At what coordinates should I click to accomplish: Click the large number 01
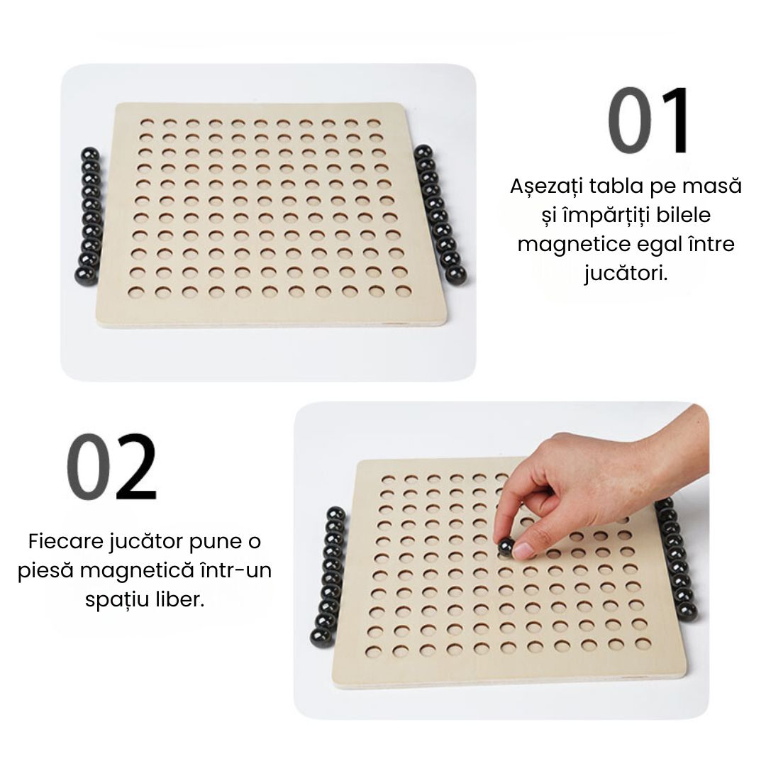click(x=648, y=120)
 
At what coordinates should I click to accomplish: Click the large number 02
click(x=112, y=465)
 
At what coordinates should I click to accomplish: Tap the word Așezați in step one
click(x=546, y=187)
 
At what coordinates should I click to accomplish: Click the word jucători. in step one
click(x=626, y=274)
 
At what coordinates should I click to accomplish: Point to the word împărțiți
click(x=605, y=215)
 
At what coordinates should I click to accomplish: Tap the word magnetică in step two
click(x=138, y=570)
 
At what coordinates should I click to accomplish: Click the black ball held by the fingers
click(x=506, y=545)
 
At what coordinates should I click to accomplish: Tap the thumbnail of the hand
click(x=523, y=550)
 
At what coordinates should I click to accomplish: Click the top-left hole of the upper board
click(x=146, y=122)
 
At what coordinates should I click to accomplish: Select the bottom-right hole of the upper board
click(x=404, y=292)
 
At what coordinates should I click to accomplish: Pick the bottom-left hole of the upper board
click(x=136, y=292)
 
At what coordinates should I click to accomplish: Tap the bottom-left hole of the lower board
click(x=373, y=650)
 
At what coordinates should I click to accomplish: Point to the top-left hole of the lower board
click(x=389, y=479)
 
